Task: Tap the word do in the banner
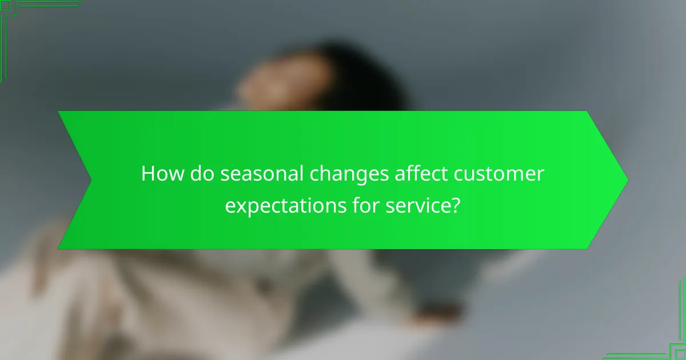click(x=202, y=174)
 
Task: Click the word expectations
click(x=284, y=206)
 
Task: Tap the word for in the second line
click(x=364, y=206)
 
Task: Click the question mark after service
click(x=456, y=206)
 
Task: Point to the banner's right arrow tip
click(x=627, y=180)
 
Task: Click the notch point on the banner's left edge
click(x=91, y=180)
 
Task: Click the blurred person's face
click(x=274, y=86)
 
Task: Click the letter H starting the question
click(x=148, y=174)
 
